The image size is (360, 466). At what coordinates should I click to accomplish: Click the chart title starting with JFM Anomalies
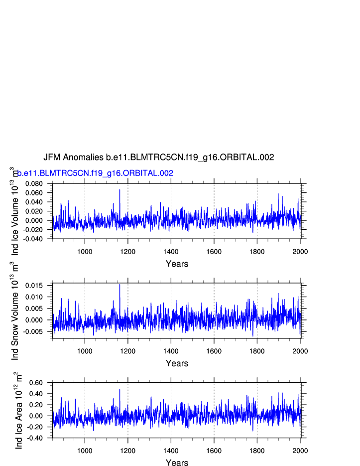[x=158, y=157]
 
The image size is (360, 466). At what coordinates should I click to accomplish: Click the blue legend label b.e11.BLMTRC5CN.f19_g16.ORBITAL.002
[x=95, y=173]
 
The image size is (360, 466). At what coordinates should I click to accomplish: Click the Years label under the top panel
[x=177, y=264]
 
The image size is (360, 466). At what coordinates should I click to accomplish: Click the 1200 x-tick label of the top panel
[x=128, y=251]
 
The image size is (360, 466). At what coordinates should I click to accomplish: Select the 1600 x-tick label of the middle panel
[x=214, y=351]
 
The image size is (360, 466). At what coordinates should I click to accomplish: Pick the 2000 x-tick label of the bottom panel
[x=300, y=451]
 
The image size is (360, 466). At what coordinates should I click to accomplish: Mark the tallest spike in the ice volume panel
[x=120, y=190]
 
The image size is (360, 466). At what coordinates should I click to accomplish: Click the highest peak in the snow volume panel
[x=120, y=285]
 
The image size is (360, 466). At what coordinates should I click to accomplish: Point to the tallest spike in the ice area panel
[x=120, y=390]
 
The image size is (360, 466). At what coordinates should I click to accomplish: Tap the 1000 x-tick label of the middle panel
[x=85, y=351]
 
